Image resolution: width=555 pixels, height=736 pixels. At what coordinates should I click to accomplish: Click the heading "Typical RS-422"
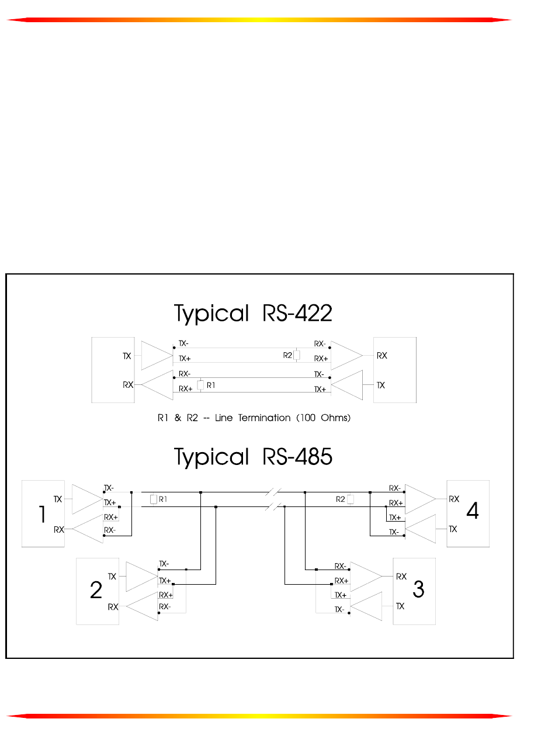(253, 314)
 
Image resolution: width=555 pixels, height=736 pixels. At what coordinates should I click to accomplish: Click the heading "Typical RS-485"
(253, 457)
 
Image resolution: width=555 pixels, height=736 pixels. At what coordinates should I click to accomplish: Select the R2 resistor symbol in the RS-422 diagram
(297, 355)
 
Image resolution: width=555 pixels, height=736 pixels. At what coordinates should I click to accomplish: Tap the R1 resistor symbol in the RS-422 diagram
(200, 386)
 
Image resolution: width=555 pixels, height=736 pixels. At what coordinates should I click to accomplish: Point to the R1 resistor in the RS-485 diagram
(153, 499)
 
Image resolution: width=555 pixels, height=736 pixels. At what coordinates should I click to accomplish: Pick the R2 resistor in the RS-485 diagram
(350, 499)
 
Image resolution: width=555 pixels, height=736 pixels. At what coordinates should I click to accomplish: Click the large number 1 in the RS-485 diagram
(42, 515)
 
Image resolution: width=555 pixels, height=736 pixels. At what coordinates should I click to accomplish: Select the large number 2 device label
(96, 591)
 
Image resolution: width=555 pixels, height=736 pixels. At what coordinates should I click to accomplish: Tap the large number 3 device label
(418, 590)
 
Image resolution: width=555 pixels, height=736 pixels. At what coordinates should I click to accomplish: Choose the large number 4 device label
(473, 512)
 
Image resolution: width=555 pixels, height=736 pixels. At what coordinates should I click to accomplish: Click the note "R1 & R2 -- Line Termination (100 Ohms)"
(254, 418)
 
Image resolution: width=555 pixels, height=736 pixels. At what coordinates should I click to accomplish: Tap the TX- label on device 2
(164, 564)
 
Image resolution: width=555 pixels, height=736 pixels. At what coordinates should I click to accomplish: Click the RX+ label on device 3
(341, 581)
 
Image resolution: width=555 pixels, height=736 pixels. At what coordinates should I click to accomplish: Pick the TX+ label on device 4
(395, 518)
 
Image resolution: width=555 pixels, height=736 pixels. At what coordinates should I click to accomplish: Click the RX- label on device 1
(110, 530)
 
